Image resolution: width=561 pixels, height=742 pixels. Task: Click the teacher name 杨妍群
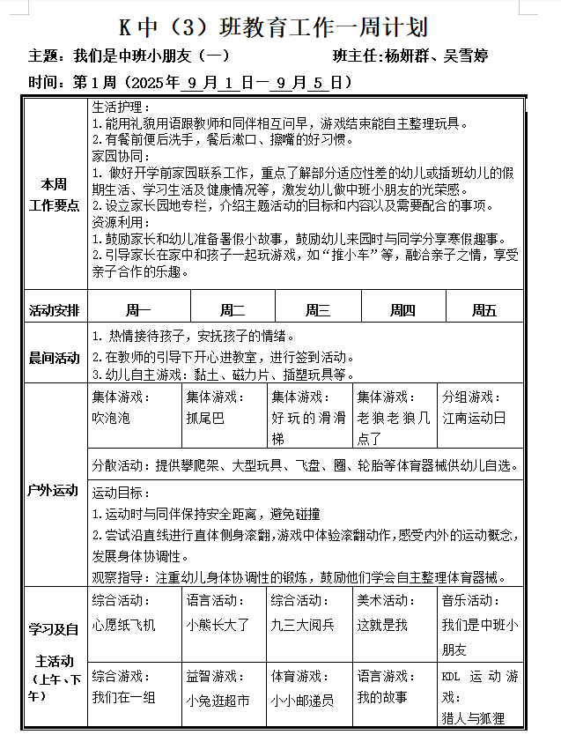click(x=411, y=56)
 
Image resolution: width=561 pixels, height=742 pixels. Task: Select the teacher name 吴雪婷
click(x=468, y=56)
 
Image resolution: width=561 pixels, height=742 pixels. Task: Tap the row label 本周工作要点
click(x=54, y=195)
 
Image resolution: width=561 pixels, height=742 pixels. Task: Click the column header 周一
click(x=138, y=309)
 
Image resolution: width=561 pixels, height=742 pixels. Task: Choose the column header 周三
click(x=317, y=309)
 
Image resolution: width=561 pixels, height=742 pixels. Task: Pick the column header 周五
click(x=483, y=309)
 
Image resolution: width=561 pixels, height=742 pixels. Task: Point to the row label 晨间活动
click(x=54, y=358)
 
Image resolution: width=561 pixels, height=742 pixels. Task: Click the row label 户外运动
click(x=54, y=490)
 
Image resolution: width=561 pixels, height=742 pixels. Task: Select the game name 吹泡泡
click(x=111, y=418)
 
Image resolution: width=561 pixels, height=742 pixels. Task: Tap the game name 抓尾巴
click(x=205, y=418)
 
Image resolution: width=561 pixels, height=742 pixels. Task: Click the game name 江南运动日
click(x=474, y=418)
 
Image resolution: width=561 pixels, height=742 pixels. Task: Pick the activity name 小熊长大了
click(x=218, y=625)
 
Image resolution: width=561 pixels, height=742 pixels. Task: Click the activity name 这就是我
click(x=381, y=625)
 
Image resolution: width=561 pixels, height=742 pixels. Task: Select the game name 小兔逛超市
click(x=218, y=701)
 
